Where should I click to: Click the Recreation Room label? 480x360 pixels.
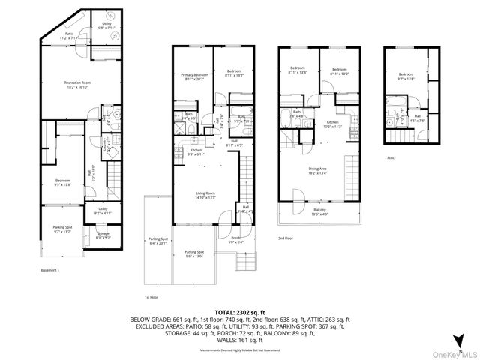(x=76, y=84)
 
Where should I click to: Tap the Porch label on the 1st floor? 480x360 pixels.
(x=235, y=240)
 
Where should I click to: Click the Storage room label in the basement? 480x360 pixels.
(x=103, y=235)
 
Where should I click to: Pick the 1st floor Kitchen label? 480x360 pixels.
(x=195, y=151)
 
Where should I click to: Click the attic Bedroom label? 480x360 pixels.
(x=406, y=76)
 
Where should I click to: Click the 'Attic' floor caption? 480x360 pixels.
(x=391, y=157)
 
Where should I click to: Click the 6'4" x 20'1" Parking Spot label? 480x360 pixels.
(x=159, y=241)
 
